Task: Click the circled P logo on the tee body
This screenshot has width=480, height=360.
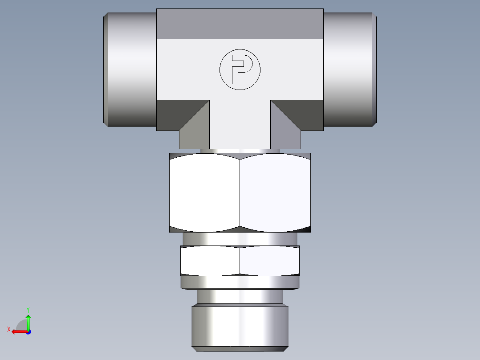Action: click(x=240, y=69)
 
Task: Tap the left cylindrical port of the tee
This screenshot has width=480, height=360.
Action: click(x=130, y=69)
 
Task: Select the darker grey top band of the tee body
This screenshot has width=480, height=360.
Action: click(x=240, y=24)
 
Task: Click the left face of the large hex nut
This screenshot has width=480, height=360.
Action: click(x=204, y=192)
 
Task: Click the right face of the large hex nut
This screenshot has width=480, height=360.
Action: click(x=275, y=192)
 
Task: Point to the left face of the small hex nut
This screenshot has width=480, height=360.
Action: click(x=210, y=261)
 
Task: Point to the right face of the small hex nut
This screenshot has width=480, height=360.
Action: click(x=269, y=261)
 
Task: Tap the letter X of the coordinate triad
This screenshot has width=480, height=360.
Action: click(x=8, y=329)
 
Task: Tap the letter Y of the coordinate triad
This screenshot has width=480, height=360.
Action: click(x=28, y=309)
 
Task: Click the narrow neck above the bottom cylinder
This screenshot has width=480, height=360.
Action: click(x=240, y=297)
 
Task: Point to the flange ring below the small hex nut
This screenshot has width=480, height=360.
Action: click(x=240, y=282)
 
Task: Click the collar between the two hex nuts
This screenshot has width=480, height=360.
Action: click(x=240, y=239)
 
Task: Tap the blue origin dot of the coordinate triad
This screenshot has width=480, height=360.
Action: click(x=28, y=331)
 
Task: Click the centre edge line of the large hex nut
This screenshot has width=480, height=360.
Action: click(x=240, y=192)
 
